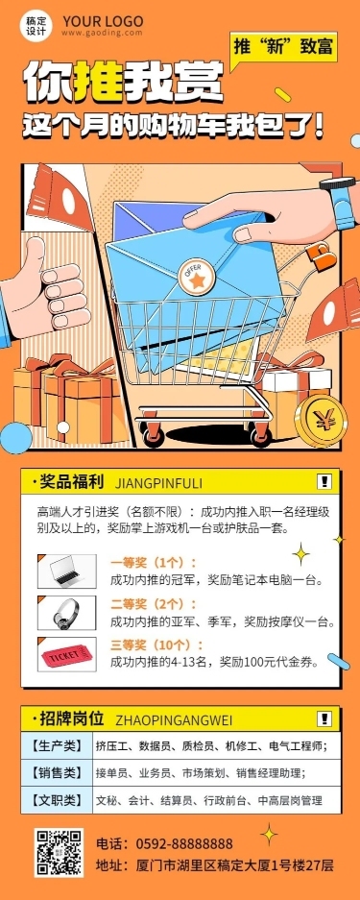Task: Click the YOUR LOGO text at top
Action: point(103,22)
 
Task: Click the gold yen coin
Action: point(320,422)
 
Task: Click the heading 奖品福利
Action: point(72,482)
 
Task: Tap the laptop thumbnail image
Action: point(66,572)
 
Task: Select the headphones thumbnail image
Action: point(66,613)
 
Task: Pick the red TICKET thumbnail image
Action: point(66,654)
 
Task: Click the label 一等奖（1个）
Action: point(154,562)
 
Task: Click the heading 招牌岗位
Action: point(72,718)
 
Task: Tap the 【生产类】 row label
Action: point(57,746)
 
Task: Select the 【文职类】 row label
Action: point(57,799)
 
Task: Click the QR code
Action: point(60,852)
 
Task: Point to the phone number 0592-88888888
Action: point(184,843)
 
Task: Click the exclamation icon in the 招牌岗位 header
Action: point(324,718)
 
